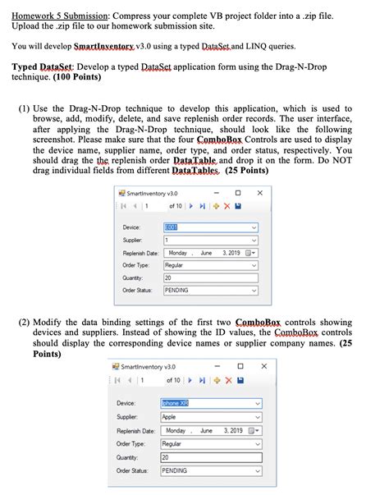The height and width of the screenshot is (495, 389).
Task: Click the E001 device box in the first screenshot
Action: pos(209,227)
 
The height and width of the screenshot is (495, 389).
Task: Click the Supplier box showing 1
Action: pos(209,241)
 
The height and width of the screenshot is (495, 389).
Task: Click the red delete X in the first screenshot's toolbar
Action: pos(227,205)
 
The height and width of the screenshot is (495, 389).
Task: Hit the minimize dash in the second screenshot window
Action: pos(217,366)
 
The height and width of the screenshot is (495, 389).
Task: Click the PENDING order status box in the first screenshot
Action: pos(209,291)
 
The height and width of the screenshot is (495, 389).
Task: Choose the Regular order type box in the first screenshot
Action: pos(209,266)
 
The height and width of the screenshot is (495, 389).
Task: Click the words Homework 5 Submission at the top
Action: pos(58,14)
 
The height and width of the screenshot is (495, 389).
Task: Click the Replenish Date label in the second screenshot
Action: pos(136,430)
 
